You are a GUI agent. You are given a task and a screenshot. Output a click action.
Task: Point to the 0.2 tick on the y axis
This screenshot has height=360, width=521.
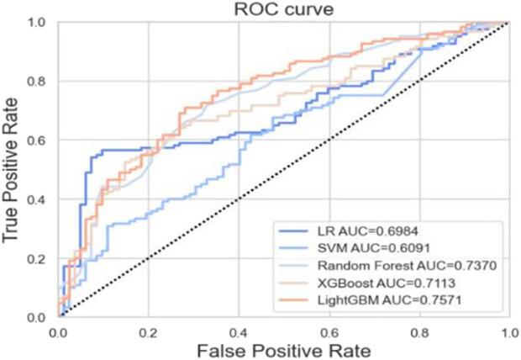39,259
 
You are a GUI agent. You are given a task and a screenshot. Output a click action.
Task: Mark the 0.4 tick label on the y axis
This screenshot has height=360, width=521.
39,200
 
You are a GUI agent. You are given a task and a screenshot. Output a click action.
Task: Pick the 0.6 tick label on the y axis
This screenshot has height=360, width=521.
39,141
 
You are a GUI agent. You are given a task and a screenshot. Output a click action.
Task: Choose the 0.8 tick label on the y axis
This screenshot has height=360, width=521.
39,82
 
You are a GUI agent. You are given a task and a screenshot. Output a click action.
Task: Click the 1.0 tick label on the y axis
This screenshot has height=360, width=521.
39,24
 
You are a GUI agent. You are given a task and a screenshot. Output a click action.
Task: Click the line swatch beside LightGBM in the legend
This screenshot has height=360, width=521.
297,298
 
